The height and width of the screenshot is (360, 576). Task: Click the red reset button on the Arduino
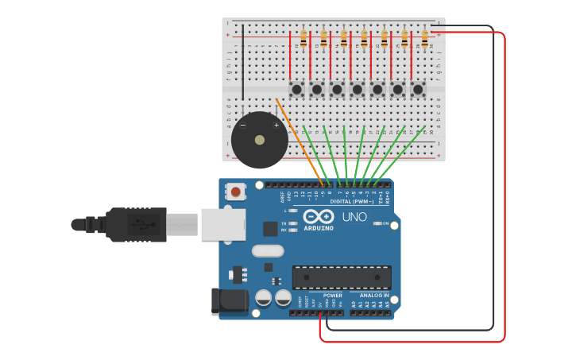(x=237, y=191)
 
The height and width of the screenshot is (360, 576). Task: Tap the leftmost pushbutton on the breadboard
(x=296, y=89)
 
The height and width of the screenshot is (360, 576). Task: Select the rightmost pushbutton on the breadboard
(x=418, y=89)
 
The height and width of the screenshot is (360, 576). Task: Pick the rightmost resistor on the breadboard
(x=425, y=37)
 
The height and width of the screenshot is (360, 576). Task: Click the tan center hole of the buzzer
(x=260, y=140)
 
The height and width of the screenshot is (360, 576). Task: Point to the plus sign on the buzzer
(x=276, y=125)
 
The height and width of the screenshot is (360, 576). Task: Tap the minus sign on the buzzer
(x=243, y=125)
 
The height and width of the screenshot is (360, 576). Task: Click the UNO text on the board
(x=354, y=217)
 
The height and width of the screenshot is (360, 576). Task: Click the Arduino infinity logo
(x=318, y=217)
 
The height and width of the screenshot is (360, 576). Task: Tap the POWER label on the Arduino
(x=332, y=295)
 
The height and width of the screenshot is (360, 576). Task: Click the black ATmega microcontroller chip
(x=342, y=277)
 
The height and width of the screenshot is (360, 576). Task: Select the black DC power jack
(x=223, y=302)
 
